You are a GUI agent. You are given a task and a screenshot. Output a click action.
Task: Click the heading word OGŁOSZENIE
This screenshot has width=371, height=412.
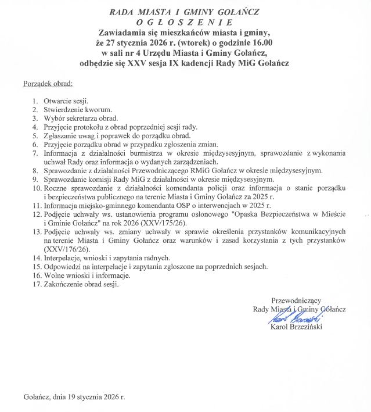tap(185, 21)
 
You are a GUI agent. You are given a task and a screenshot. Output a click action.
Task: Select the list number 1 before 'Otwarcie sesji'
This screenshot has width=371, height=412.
tap(35, 101)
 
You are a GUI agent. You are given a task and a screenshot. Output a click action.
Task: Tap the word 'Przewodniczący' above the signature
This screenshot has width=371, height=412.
tap(296, 301)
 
